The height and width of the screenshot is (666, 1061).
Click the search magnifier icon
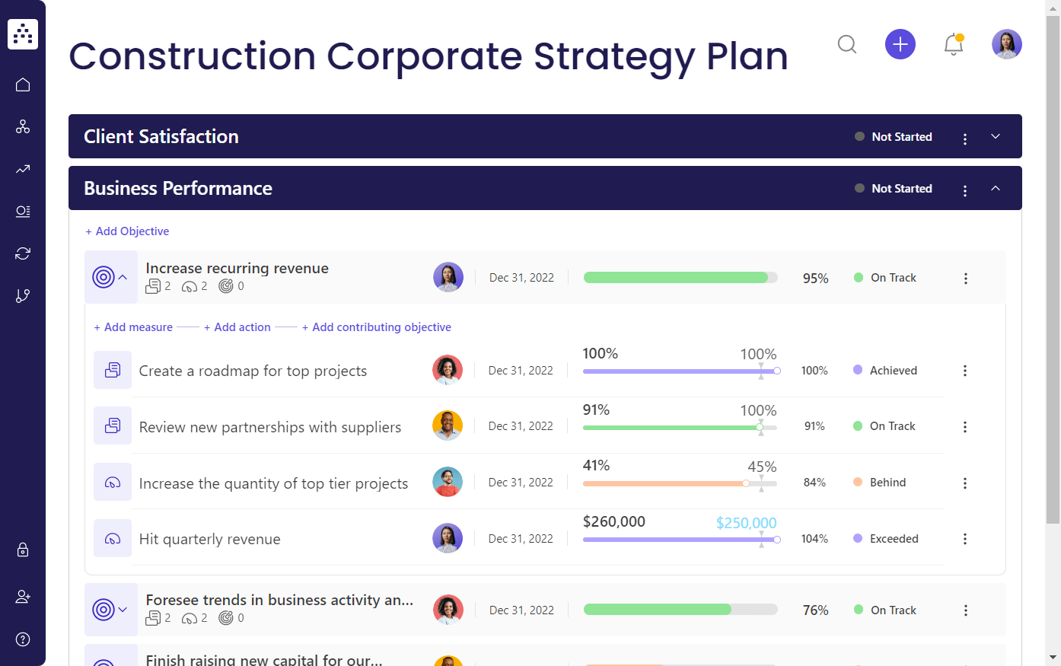[x=847, y=44]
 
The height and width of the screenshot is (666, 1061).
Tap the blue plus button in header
[x=900, y=44]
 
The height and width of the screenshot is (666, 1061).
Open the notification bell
[x=953, y=45]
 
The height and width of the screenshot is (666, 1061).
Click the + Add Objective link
[x=127, y=231]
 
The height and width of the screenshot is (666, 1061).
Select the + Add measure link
[x=133, y=327]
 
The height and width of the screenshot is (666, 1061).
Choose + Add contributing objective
[x=377, y=327]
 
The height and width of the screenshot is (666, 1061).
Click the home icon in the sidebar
[x=23, y=84]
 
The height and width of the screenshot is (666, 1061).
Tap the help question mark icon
[x=23, y=639]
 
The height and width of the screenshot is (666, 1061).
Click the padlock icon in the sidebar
[x=23, y=550]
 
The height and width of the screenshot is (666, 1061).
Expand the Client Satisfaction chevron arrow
[x=996, y=136]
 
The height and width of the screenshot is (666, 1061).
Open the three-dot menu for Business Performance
[x=965, y=190]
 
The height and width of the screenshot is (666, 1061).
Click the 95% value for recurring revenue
[x=815, y=279]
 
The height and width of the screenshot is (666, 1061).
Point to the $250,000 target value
[x=746, y=523]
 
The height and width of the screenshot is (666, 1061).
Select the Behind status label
[x=887, y=483]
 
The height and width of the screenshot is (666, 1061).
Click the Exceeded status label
[x=894, y=539]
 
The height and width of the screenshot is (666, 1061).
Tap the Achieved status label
[x=893, y=371]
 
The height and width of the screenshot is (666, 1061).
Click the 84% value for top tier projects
[x=814, y=483]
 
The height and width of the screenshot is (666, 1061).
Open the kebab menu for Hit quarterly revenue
[x=965, y=539]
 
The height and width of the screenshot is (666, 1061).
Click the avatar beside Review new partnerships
[x=448, y=426]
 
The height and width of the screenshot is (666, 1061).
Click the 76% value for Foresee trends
[x=815, y=610]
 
